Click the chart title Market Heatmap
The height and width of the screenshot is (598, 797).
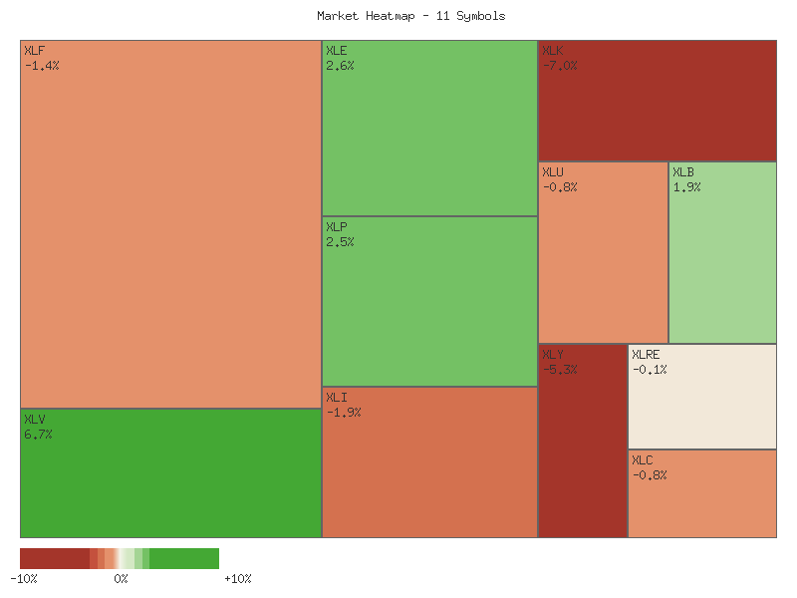click(410, 16)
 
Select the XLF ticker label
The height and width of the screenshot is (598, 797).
click(35, 51)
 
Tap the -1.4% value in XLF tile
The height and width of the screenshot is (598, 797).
click(42, 66)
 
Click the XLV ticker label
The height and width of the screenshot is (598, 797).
click(35, 420)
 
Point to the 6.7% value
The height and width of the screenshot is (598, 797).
click(38, 435)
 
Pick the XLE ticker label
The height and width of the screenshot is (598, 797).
click(337, 51)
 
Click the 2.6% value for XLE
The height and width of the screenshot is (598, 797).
click(340, 66)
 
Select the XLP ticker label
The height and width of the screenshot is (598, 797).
click(337, 227)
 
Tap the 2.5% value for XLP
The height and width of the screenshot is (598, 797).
click(340, 242)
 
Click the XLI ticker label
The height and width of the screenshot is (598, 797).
click(337, 398)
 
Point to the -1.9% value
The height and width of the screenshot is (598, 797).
click(344, 413)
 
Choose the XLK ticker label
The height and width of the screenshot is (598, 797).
click(553, 51)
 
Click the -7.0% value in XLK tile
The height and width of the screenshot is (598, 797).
click(560, 66)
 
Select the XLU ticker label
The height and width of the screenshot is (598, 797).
click(553, 172)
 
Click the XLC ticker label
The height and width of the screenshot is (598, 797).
click(643, 460)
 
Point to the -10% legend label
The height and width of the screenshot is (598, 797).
click(24, 579)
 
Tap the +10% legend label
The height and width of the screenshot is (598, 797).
click(238, 579)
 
